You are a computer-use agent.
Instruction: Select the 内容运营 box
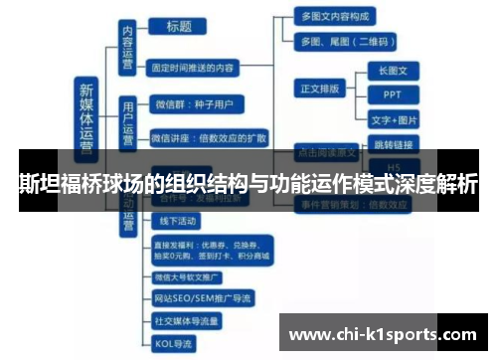126,48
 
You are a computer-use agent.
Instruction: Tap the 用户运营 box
127,116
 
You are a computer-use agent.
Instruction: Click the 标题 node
179,27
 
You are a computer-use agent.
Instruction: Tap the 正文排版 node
320,89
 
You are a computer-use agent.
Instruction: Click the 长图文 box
393,71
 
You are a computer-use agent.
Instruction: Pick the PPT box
393,95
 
